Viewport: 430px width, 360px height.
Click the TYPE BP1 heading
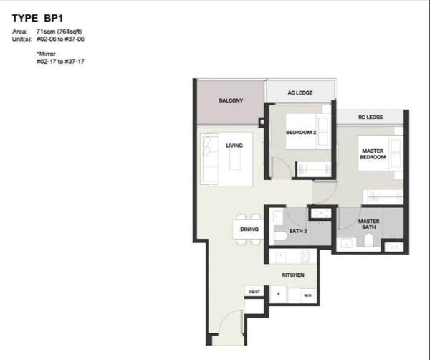(x=37, y=18)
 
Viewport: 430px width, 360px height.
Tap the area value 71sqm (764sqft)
(x=59, y=32)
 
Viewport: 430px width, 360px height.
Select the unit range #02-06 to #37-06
(x=60, y=39)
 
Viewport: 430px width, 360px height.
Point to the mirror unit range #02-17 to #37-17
(x=60, y=62)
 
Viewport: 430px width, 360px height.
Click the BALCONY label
(x=231, y=100)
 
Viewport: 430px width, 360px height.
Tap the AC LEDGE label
(x=300, y=93)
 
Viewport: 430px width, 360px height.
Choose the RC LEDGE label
(x=371, y=117)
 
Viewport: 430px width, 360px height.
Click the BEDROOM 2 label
(x=301, y=132)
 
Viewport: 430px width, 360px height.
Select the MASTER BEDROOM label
(x=373, y=154)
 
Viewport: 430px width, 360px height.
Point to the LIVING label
(x=234, y=146)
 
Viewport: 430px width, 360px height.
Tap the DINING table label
(x=249, y=229)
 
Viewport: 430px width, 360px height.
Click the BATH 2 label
(x=298, y=231)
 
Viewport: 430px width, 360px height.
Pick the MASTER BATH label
(x=369, y=224)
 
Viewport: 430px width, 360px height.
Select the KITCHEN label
(x=293, y=275)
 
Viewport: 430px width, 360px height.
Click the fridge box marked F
(x=278, y=294)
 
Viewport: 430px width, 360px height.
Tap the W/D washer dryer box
(x=308, y=295)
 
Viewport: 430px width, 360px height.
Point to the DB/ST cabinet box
(x=254, y=292)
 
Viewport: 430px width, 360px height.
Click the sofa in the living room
(x=210, y=158)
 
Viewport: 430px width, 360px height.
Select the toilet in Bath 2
(x=280, y=237)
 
